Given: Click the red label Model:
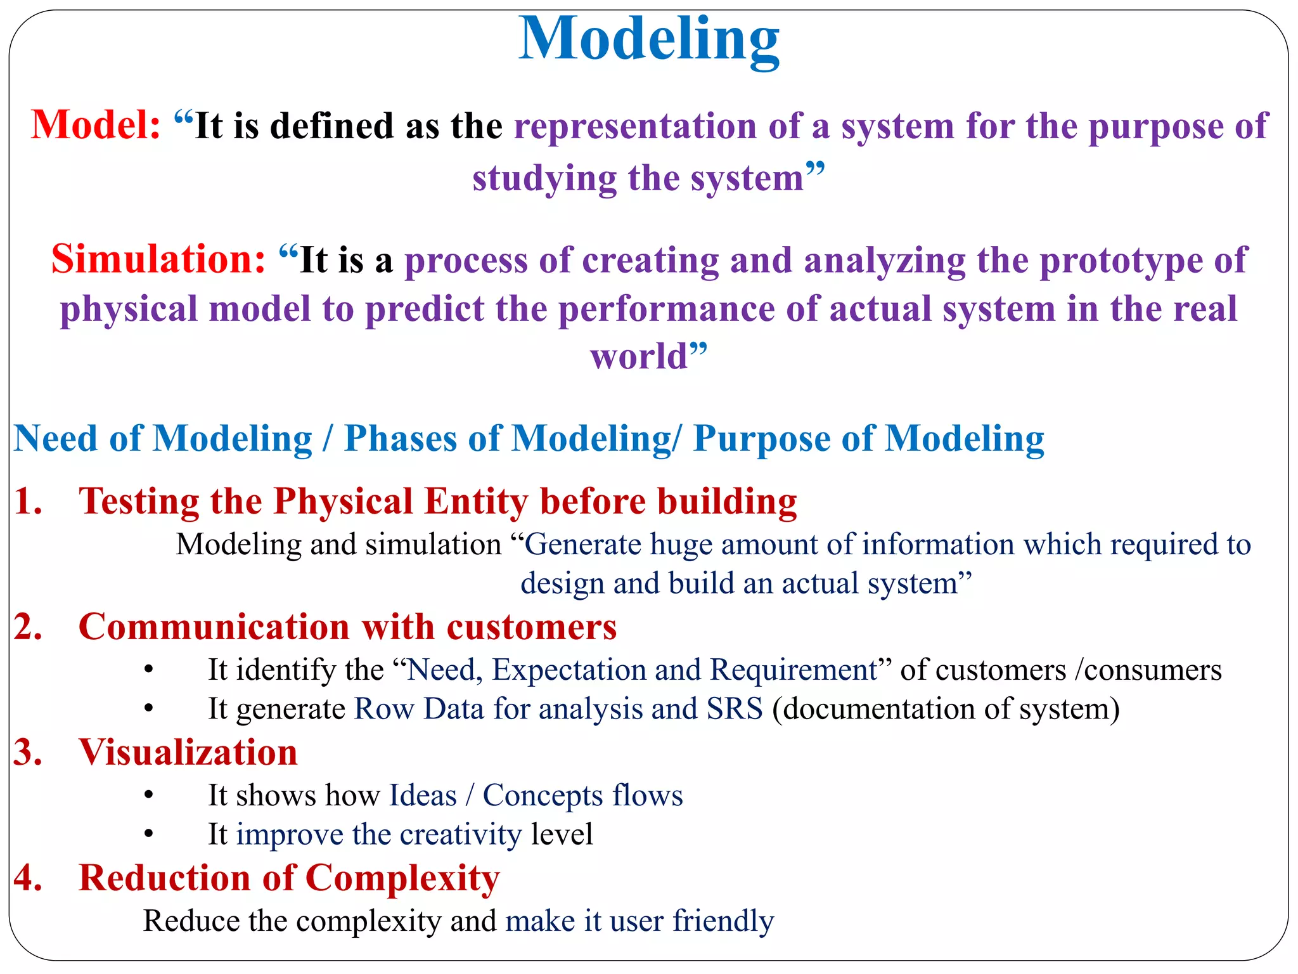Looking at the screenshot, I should (96, 125).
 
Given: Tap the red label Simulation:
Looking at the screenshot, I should (158, 259).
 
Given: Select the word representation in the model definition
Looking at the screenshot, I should (634, 126).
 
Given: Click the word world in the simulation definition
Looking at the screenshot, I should (639, 356).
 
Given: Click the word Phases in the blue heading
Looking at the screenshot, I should (400, 439).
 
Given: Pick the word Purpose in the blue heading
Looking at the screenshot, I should (761, 439).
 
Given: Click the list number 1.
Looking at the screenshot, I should (28, 501).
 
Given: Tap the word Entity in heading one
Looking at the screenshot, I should (476, 502).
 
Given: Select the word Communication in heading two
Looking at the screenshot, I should (214, 627).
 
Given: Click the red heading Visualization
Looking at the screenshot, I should (188, 753).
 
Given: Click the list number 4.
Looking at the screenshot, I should (28, 878).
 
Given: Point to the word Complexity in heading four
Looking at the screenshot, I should (402, 878).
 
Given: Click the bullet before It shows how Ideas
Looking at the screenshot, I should (148, 795).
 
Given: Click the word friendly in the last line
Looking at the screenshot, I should (723, 921).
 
